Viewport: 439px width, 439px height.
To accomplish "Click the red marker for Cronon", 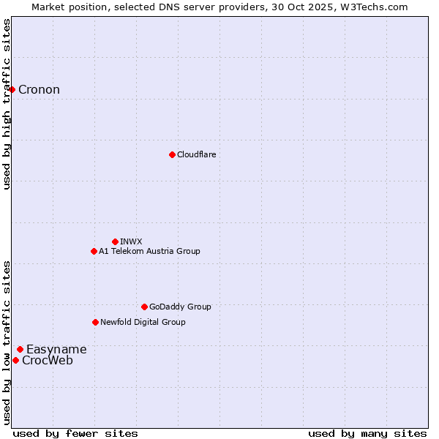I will pos(12,90).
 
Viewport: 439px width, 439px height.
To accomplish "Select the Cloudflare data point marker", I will pos(172,154).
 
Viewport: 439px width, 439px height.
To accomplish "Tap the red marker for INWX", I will pos(115,241).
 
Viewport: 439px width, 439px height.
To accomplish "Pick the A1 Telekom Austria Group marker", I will pos(94,251).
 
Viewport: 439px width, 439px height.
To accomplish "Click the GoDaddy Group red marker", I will pos(144,307).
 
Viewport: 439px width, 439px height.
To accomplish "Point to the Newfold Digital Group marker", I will pos(95,322).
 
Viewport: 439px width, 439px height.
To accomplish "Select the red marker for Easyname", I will pos(20,350).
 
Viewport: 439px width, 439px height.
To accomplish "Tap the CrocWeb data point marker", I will pos(15,360).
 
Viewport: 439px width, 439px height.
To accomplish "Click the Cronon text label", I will pos(39,90).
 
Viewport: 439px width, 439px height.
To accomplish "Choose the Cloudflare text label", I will pos(196,154).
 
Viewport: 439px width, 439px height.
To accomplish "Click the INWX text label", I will pos(131,241).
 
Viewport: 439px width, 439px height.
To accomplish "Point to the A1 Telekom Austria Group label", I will pos(149,251).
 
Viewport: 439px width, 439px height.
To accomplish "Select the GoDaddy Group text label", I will pos(180,307).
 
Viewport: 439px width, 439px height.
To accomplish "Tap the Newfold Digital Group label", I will pos(143,322).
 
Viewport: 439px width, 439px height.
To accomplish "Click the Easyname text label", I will pos(56,350).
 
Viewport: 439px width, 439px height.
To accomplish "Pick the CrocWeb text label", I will pos(48,360).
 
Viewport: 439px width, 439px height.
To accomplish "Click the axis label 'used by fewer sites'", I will pos(75,433).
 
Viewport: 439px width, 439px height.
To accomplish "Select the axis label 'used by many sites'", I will pos(367,433).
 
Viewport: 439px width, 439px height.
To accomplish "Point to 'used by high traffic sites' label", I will pos(7,104).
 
